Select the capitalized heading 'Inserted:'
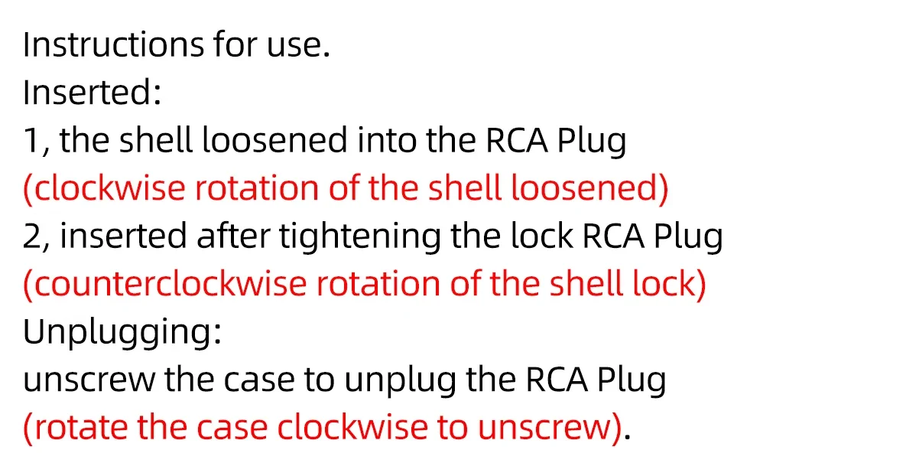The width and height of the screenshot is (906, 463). pos(92,93)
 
